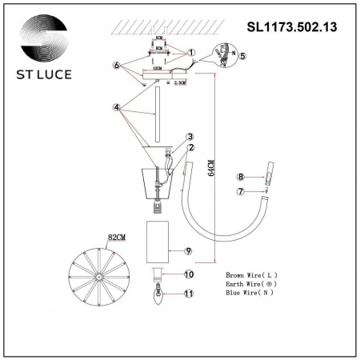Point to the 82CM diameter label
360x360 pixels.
click(x=117, y=238)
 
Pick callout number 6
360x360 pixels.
click(x=117, y=65)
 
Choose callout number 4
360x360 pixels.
click(x=117, y=106)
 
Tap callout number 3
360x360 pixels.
click(x=190, y=137)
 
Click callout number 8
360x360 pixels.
click(x=239, y=176)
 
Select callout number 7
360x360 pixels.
click(x=239, y=191)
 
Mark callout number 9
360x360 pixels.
click(x=189, y=251)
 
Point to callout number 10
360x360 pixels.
click(x=190, y=274)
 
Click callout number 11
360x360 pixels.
click(x=190, y=294)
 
